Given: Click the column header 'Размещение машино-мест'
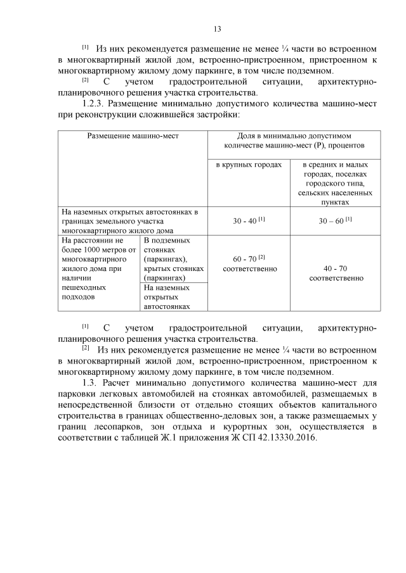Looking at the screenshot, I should coord(133,136).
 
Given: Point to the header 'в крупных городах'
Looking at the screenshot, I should coord(249,165).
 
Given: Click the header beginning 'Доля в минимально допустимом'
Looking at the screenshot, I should coord(294,141).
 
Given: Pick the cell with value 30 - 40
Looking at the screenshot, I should coord(249,221).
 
